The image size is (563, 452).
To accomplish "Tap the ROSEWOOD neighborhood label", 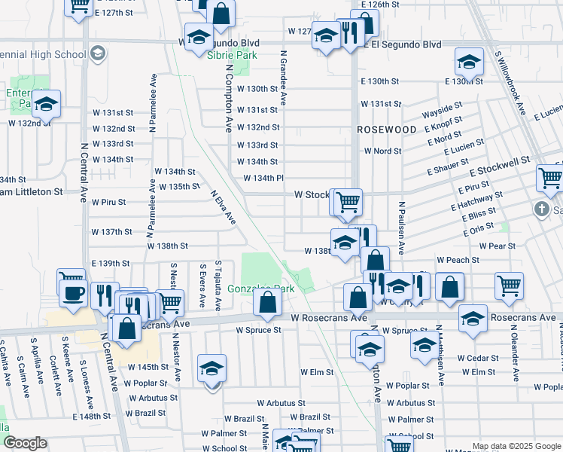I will pos(386,130).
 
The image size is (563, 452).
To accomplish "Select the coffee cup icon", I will pos(72,292).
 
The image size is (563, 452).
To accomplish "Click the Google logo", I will pos(25,443).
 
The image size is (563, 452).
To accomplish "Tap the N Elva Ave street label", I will pos(224,206).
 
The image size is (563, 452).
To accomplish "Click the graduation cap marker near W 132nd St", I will pos(46,105).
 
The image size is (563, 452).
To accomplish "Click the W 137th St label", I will pos(112,231).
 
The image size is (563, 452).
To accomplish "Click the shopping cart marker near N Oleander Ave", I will pos(509,285).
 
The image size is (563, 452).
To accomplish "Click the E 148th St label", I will pos(92,417).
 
